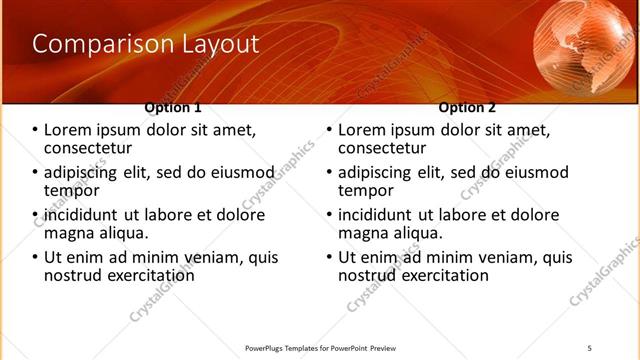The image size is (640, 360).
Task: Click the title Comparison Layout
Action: [x=145, y=44]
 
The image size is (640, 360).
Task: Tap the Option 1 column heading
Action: [x=173, y=107]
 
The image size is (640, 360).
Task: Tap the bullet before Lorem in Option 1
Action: [x=35, y=131]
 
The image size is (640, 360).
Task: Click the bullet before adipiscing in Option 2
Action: [x=329, y=173]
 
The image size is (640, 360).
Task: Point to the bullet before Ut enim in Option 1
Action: [x=35, y=258]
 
